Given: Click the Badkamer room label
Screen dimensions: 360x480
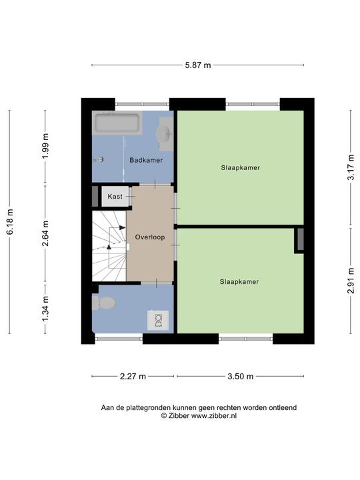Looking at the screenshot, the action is (146, 160).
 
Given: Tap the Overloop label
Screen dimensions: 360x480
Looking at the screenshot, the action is (150, 237).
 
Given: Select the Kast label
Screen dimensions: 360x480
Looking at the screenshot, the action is (115, 197).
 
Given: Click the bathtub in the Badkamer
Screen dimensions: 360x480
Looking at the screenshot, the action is (117, 123).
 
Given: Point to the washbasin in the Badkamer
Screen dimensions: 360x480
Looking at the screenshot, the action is (165, 135).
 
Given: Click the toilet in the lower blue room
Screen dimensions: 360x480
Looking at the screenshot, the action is (104, 303).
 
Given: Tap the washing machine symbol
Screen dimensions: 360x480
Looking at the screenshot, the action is (158, 320).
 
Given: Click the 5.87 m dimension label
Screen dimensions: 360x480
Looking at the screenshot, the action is (198, 65).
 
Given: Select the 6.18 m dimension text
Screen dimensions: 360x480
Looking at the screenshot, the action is (10, 222).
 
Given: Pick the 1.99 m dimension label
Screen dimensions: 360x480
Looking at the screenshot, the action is (45, 146).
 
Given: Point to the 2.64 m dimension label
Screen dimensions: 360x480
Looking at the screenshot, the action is (45, 233).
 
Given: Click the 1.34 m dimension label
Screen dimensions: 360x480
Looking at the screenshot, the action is (45, 309).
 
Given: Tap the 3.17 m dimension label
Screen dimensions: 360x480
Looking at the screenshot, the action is (351, 167).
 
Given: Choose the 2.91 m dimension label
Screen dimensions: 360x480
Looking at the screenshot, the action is (351, 281).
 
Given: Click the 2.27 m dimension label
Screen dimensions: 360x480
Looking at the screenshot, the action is (133, 376).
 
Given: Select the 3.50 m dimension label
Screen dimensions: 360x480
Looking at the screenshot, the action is (240, 376).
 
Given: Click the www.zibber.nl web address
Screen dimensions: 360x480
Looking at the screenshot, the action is (214, 416).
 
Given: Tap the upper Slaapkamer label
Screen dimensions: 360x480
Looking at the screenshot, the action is (241, 168).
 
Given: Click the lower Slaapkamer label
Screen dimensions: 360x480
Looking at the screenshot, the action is (239, 281).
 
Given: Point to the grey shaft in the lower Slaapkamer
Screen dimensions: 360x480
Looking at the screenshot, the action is (300, 239).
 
